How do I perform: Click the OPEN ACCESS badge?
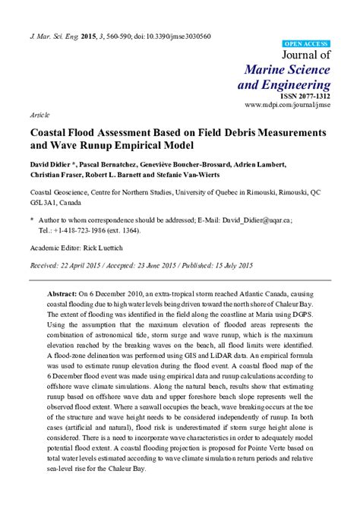[x=306, y=45]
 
